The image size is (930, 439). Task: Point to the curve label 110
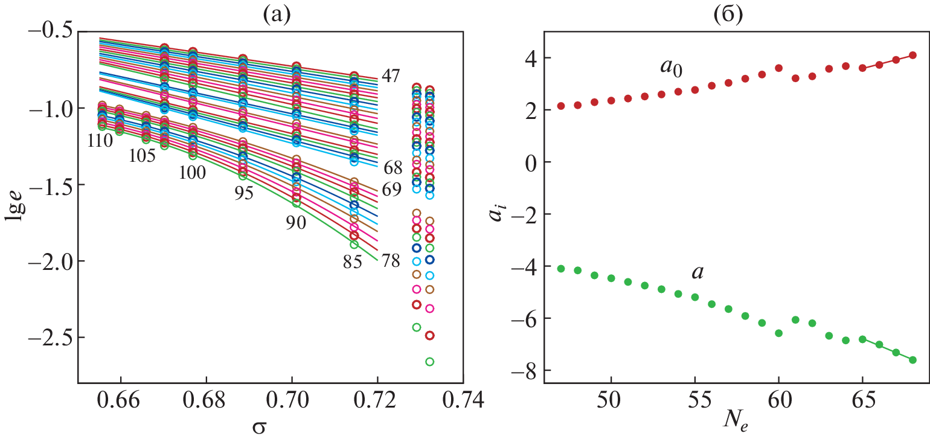(100, 141)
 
